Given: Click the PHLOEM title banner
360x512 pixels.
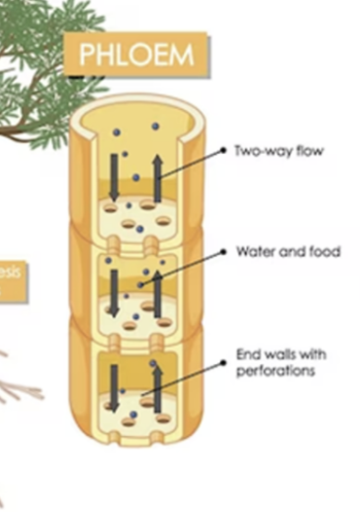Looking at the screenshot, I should coord(136,55).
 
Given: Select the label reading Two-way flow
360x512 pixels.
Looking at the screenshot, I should coord(278,151).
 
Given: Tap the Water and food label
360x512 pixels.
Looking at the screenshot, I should coord(288,251).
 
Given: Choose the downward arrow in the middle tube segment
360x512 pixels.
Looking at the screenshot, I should coord(115,291).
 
